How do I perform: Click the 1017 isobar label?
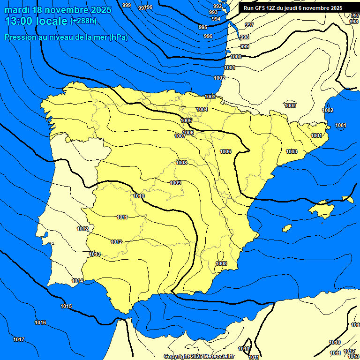(19, 339)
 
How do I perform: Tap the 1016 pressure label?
(41, 322)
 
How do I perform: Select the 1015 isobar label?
(66, 306)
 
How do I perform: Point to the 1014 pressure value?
(78, 281)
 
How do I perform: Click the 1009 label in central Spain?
(175, 183)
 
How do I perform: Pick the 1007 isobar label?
(180, 136)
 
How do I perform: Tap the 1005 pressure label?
(186, 121)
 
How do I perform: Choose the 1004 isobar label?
(202, 109)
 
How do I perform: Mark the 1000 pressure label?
(236, 57)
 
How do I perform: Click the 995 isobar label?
(203, 27)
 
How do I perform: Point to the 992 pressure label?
(217, 6)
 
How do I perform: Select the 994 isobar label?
(216, 19)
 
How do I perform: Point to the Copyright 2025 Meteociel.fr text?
(199, 356)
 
